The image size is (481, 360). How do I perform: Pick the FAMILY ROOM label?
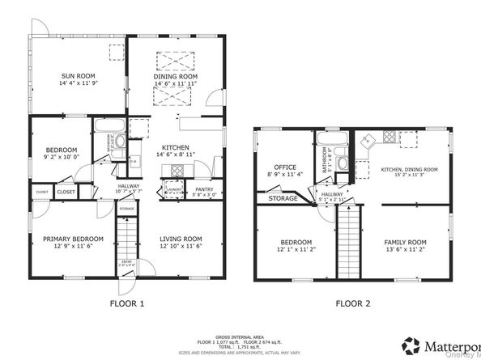point(405,242)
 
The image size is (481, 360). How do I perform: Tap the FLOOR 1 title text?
point(126,304)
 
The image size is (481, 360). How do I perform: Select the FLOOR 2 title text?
point(352,304)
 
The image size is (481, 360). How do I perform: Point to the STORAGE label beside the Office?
point(283,198)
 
